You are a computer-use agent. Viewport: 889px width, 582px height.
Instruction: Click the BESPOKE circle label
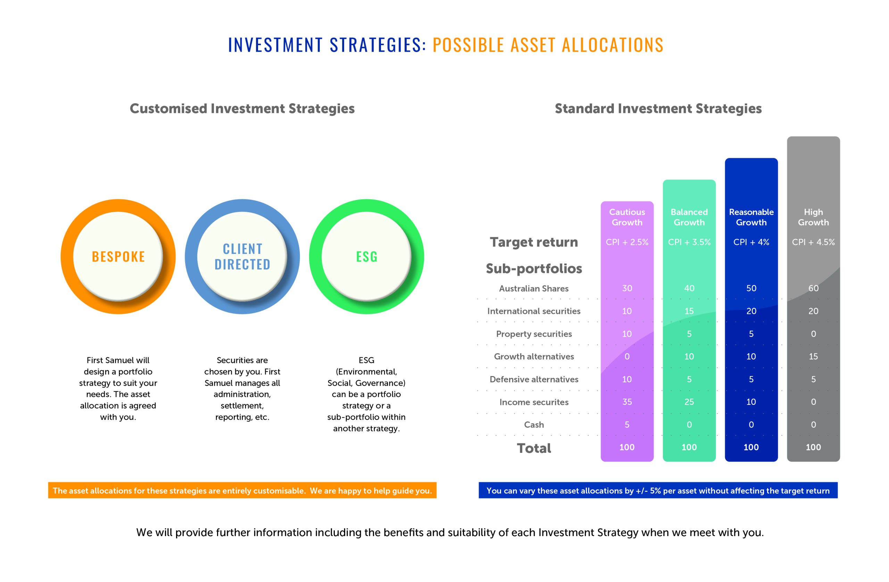point(118,257)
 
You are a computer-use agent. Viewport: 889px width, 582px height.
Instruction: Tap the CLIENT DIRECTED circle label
point(242,257)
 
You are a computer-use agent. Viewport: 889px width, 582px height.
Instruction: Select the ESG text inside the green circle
point(366,257)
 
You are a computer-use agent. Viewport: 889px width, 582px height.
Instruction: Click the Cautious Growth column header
point(627,217)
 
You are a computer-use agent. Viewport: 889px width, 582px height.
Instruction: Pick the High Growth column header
point(813,217)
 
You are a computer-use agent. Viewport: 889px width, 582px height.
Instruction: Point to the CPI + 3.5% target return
point(689,242)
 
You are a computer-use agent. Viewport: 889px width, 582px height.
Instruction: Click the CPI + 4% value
point(751,242)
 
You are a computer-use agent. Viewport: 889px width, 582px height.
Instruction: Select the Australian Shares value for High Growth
point(813,288)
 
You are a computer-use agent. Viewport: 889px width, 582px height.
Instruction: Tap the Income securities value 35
point(627,402)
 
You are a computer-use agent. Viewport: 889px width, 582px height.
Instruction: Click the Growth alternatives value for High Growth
point(813,356)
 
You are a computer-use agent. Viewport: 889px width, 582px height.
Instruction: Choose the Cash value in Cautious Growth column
point(627,425)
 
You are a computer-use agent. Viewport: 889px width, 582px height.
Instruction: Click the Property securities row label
point(534,334)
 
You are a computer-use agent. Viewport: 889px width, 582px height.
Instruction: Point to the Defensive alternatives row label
point(534,379)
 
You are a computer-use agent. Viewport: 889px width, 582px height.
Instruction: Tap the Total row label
point(534,448)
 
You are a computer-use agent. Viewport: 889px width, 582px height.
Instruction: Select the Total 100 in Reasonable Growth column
point(751,447)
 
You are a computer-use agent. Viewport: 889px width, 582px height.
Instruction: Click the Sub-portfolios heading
point(534,268)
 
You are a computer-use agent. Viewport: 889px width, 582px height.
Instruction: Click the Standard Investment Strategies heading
point(658,108)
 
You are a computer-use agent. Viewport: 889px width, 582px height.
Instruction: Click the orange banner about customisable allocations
point(242,490)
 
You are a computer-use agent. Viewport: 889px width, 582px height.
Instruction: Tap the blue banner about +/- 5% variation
point(658,490)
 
